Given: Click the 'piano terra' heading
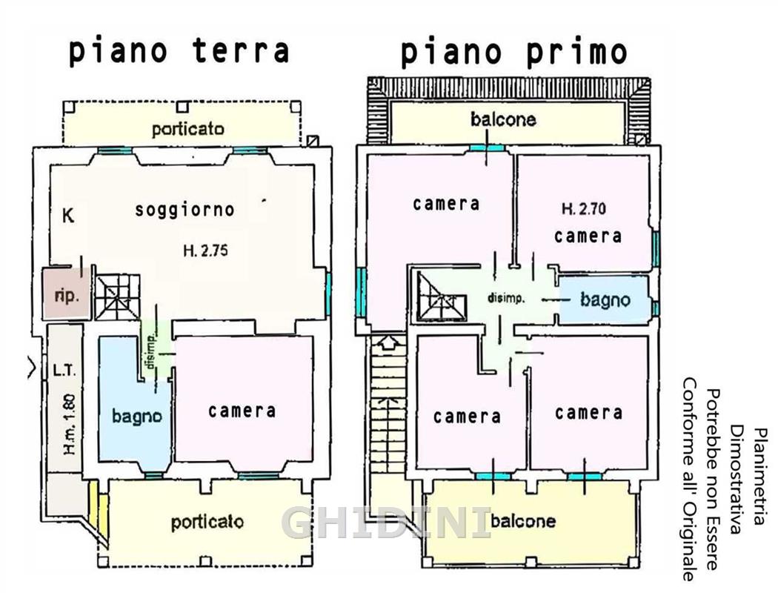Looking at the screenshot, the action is tap(179, 52).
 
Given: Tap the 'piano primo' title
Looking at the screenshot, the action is tap(514, 53).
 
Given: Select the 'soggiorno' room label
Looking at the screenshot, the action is tap(184, 210).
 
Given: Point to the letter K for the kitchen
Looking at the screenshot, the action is tap(68, 216).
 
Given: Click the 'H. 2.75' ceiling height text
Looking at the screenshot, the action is tap(205, 251).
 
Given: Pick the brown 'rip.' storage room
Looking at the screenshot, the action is tap(66, 294).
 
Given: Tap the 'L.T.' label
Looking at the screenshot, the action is tap(64, 370).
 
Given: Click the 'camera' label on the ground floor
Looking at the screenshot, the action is tap(242, 411).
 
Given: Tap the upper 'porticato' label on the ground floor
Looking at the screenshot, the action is tap(188, 130).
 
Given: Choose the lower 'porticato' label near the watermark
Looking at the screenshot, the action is tap(207, 522).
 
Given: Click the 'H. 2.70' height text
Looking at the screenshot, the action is tap(584, 208).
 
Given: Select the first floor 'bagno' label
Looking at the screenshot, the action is tap(605, 299).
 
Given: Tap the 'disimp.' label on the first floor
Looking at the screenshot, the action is tap(506, 299).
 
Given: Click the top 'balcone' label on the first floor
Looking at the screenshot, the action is tap(503, 119).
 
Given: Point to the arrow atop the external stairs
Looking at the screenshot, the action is tap(387, 342).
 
